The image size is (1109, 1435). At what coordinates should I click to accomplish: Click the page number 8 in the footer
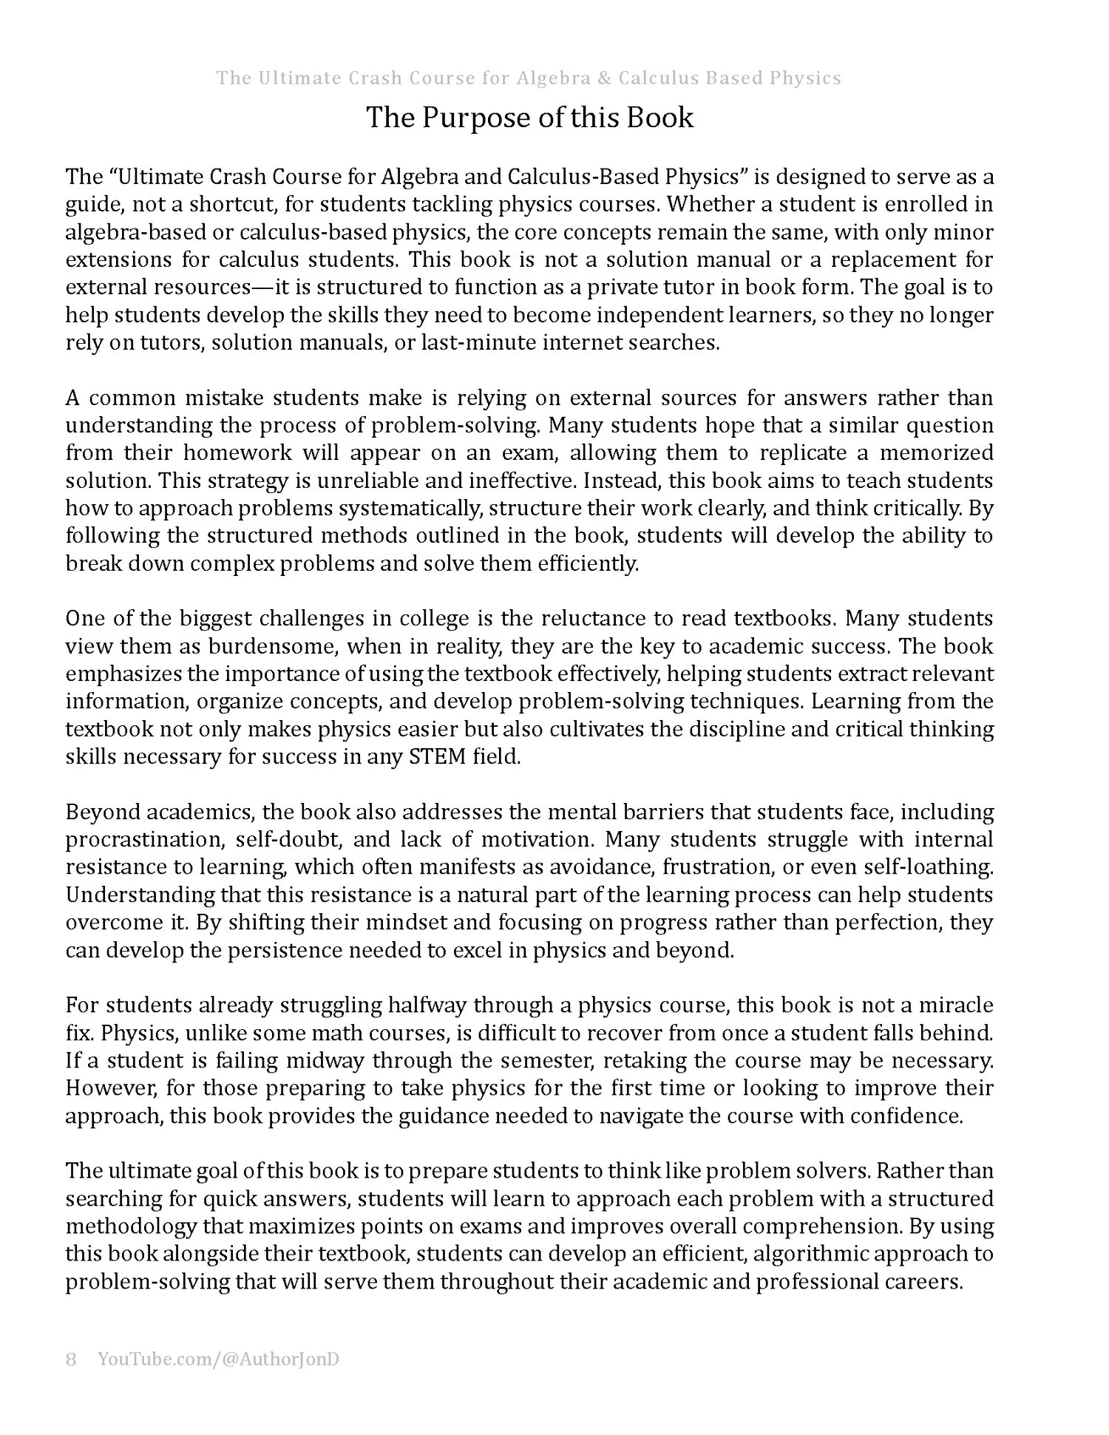pyautogui.click(x=71, y=1360)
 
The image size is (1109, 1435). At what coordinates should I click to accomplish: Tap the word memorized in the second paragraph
pyautogui.click(x=942, y=453)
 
